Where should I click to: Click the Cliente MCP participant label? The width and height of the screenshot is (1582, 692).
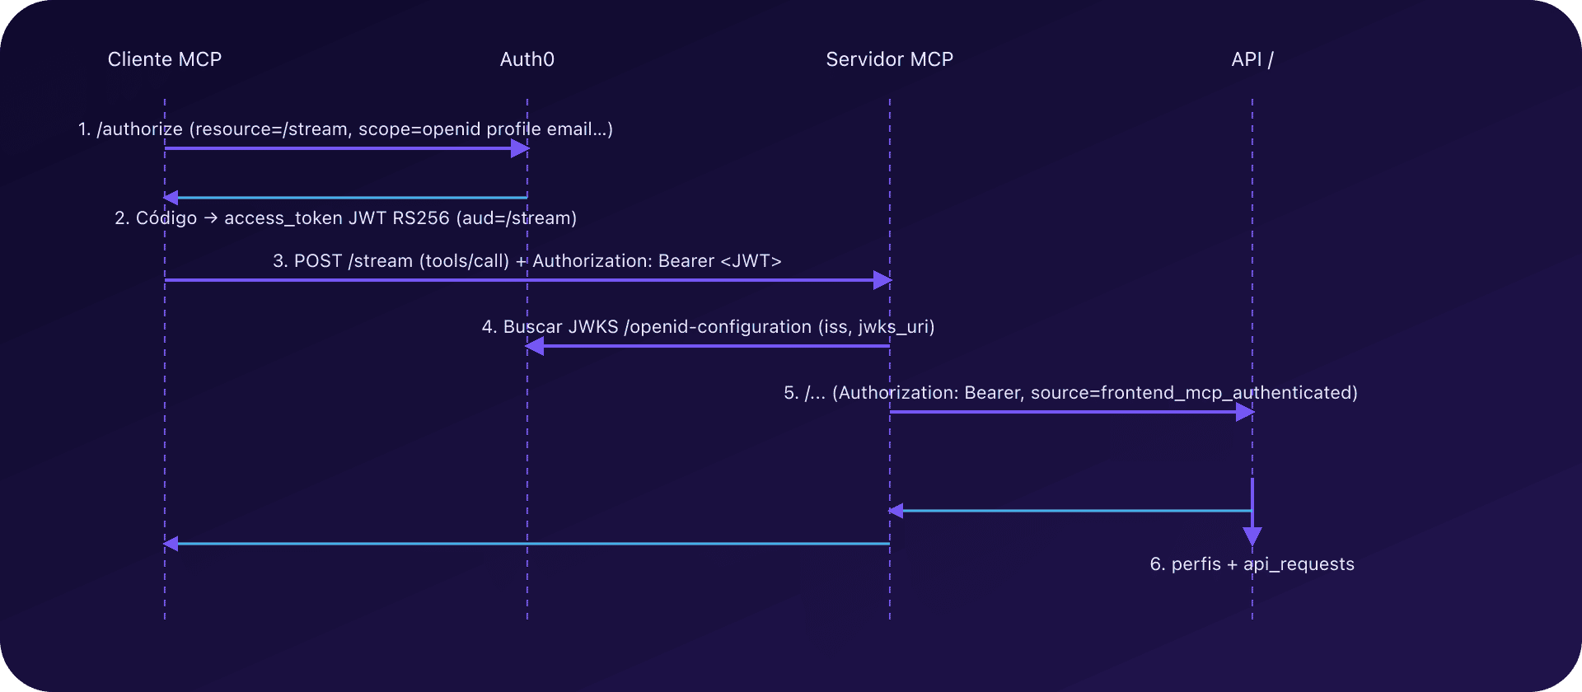tap(164, 59)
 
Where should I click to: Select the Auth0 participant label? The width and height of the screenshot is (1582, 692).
tap(527, 59)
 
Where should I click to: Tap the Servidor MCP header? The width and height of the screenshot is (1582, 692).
tap(889, 59)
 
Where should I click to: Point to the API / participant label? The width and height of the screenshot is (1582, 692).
tap(1252, 59)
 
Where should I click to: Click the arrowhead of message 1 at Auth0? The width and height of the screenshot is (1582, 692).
tap(520, 148)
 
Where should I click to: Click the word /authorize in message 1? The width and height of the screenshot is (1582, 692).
tap(140, 129)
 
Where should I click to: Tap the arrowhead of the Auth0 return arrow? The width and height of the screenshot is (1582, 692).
tap(171, 198)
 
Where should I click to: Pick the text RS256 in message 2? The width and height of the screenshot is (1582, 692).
tap(421, 218)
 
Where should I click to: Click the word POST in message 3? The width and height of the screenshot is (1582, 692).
tap(317, 261)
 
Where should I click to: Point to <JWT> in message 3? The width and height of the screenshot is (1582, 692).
tap(751, 261)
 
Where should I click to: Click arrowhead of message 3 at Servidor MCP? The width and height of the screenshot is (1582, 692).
tap(882, 280)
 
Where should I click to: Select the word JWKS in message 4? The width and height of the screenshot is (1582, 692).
tap(592, 327)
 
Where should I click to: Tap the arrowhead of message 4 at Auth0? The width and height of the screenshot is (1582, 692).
tap(535, 346)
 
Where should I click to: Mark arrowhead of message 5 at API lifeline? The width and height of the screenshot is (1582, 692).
tap(1245, 412)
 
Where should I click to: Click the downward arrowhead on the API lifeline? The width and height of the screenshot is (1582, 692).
tap(1252, 536)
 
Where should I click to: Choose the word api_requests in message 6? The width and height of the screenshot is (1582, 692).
tap(1299, 564)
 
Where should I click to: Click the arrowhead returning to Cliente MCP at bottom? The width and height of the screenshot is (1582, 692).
tap(171, 544)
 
